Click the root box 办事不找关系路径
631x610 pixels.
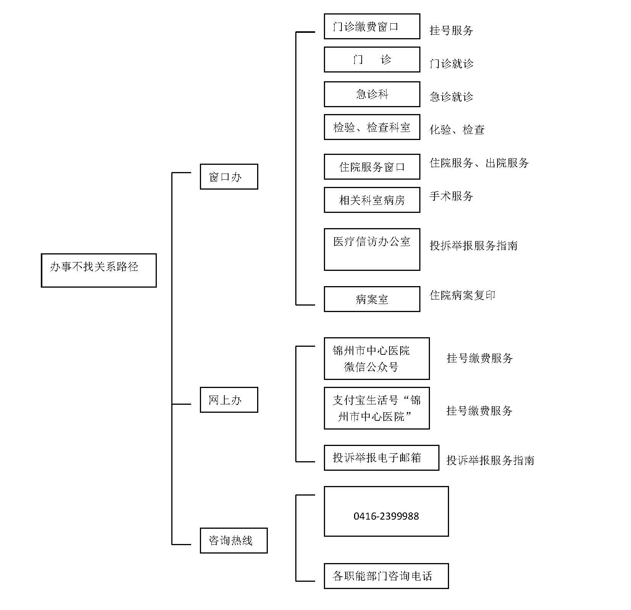[x=98, y=270]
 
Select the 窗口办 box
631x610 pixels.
[x=229, y=177]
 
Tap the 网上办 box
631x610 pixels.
[x=229, y=400]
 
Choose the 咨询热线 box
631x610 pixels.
[x=233, y=540]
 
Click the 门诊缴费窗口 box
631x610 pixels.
[x=372, y=26]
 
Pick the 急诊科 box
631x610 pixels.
[x=372, y=94]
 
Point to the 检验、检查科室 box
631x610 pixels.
[x=372, y=127]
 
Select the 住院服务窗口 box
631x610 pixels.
[x=372, y=167]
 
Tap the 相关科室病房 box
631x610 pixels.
[x=372, y=200]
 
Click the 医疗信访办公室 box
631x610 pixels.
[x=372, y=249]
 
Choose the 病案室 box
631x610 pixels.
[x=372, y=299]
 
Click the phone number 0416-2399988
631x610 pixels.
[x=386, y=516]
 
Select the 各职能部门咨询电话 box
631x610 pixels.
[x=386, y=576]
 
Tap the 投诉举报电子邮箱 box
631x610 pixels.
[x=381, y=457]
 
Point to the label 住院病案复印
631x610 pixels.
[x=462, y=295]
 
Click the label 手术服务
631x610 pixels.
[x=451, y=196]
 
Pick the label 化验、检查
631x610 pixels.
[x=457, y=130]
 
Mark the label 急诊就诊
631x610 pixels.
[x=451, y=97]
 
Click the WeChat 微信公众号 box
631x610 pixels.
[x=377, y=359]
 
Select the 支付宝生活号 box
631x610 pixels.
[x=377, y=408]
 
